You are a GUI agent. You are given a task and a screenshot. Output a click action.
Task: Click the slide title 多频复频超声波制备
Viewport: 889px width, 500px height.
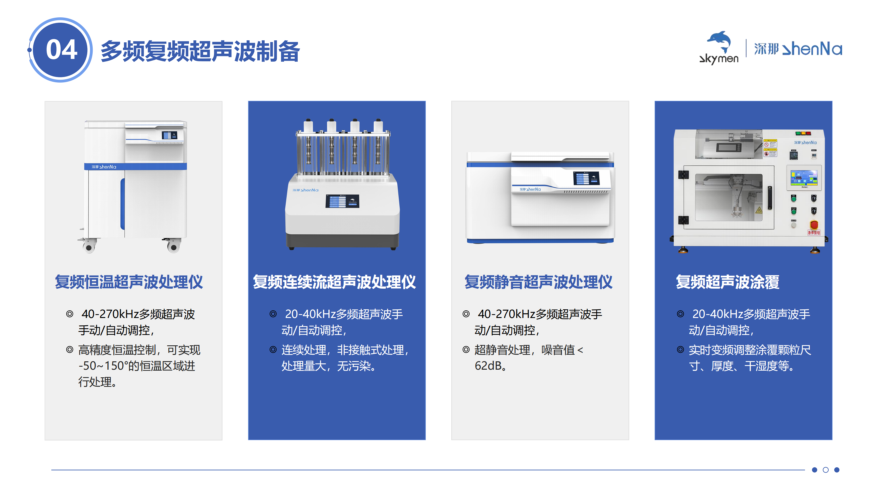point(200,51)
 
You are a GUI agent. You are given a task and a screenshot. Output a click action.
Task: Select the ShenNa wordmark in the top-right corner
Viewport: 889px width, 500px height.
point(798,49)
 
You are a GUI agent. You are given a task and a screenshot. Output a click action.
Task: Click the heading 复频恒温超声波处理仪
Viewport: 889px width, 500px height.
point(129,282)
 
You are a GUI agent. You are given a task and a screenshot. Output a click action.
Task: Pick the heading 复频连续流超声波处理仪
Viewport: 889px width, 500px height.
point(334,282)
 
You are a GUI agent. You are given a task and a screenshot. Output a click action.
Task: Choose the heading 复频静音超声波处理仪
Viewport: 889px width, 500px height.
point(538,282)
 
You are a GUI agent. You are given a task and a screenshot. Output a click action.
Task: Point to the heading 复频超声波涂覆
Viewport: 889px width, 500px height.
point(727,282)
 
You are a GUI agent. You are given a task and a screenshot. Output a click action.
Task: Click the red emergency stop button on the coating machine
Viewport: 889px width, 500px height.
point(814,225)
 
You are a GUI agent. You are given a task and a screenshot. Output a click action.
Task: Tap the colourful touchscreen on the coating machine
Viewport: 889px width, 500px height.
point(804,178)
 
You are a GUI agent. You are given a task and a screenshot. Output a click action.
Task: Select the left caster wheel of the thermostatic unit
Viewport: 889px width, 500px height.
point(89,247)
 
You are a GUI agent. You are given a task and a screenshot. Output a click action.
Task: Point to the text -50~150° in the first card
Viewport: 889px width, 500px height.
point(103,366)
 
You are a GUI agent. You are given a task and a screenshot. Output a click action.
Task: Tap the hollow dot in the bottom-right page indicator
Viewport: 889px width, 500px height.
point(825,470)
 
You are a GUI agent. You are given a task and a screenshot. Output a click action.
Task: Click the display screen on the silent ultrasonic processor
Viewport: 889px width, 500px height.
point(586,178)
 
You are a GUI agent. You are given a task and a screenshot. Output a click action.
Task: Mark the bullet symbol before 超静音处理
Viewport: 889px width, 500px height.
point(466,350)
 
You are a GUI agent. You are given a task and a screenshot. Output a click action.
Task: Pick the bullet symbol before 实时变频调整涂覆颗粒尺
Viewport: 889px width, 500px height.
point(680,350)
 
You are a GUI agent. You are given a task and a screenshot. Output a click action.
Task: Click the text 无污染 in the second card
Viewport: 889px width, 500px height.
point(353,366)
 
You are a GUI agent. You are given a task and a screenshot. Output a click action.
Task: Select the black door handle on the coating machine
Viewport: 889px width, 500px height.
point(770,197)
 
